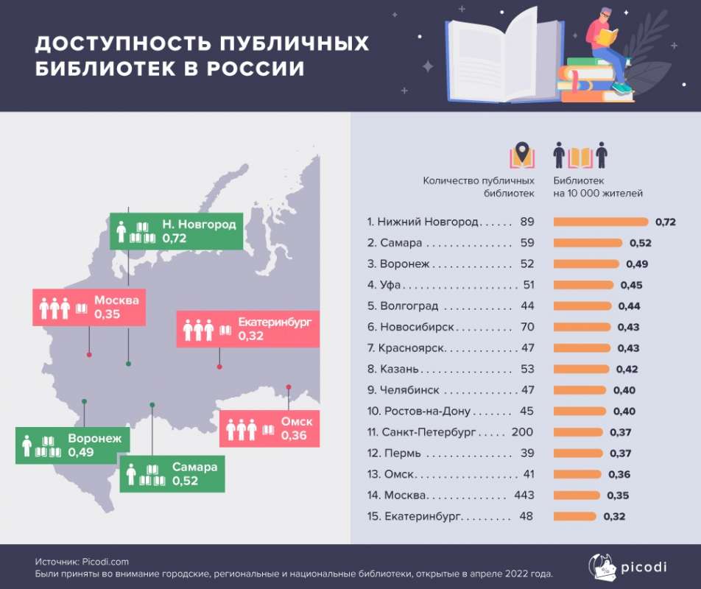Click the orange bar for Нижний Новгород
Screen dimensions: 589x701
pos(600,222)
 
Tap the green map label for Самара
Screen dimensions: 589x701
pos(172,473)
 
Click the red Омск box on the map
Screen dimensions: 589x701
pos(270,428)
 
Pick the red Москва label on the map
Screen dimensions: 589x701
pos(89,307)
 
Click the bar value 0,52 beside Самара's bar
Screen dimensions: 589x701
pos(639,243)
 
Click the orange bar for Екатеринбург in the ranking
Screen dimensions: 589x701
pos(575,516)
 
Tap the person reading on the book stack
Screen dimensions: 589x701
pos(608,44)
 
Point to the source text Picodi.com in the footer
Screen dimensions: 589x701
pos(104,562)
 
